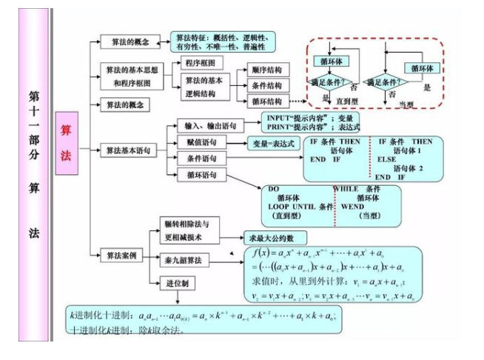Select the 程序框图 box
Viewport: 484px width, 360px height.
pyautogui.click(x=200, y=64)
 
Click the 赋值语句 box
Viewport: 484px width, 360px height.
pyautogui.click(x=197, y=141)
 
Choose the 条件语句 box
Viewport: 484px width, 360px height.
pyautogui.click(x=197, y=158)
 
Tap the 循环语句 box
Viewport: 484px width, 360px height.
pyautogui.click(x=197, y=175)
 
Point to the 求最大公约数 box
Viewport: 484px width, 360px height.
pyautogui.click(x=275, y=239)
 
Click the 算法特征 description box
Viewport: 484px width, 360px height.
pyautogui.click(x=222, y=41)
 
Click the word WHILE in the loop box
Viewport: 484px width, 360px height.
pyautogui.click(x=346, y=189)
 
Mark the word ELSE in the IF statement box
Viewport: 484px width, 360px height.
pyautogui.click(x=387, y=159)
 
